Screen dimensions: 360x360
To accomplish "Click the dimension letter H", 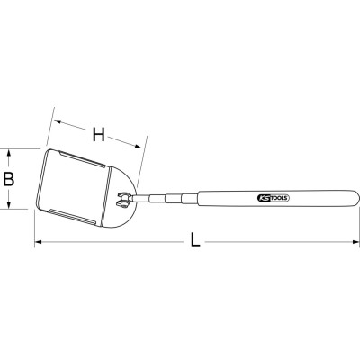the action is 99,135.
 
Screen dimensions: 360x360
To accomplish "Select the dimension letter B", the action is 9,179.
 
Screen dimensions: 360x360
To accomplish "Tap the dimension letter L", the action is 195,240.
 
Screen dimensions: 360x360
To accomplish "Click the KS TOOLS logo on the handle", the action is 273,198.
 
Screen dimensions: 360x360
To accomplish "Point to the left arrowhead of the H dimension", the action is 58,121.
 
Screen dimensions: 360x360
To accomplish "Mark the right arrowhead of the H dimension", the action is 138,146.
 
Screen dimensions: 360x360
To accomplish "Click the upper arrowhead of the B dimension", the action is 9,153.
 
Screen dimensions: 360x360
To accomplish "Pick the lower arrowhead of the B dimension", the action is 9,205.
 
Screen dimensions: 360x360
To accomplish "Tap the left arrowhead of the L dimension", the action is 39,241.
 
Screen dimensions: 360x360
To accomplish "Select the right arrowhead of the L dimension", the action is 355,241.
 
